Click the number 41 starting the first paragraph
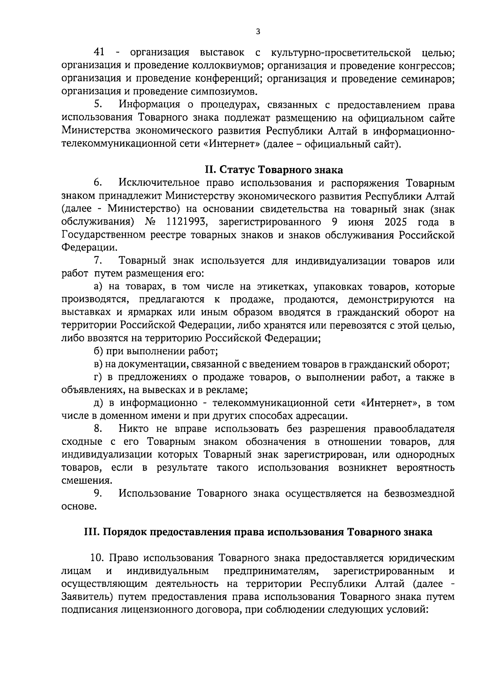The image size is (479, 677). (99, 52)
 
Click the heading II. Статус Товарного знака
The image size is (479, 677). (273, 170)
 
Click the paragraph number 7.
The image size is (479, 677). (98, 261)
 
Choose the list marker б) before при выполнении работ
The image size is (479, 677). (98, 351)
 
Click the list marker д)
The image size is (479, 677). (98, 403)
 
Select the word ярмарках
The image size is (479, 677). (143, 313)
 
